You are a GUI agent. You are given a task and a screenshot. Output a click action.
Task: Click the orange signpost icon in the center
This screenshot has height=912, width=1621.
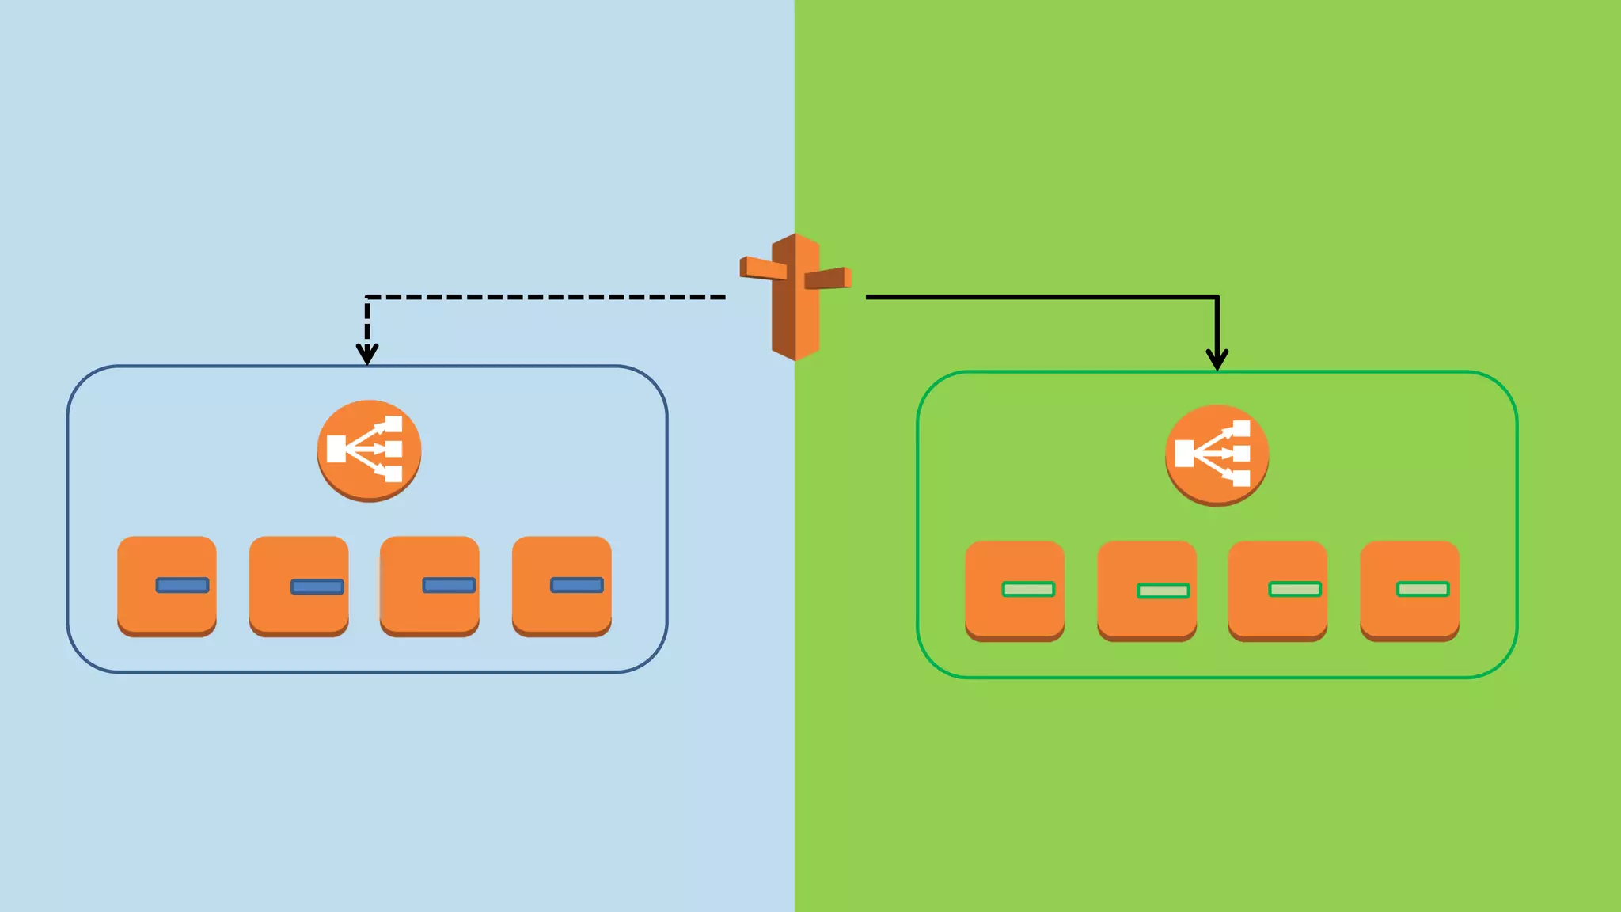795,298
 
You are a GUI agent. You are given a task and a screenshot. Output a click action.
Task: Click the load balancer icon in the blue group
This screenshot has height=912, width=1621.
369,450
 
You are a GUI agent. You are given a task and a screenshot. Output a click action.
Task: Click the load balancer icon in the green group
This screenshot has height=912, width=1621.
1217,454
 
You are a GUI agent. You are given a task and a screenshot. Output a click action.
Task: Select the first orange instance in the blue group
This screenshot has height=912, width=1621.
167,585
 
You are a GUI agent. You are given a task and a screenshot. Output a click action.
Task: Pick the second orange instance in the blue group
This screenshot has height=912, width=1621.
298,585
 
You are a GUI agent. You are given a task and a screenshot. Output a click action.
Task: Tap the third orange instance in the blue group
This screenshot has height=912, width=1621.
430,585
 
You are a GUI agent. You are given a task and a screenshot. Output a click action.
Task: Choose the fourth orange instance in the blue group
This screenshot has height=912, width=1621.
562,585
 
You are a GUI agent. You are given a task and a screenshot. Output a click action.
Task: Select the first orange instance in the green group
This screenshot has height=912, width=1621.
1015,590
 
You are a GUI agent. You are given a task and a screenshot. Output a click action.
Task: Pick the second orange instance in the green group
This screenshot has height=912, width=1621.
1147,590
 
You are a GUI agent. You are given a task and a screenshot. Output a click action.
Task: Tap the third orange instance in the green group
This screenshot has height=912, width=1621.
1277,590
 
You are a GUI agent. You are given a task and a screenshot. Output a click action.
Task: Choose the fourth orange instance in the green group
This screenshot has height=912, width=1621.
1410,590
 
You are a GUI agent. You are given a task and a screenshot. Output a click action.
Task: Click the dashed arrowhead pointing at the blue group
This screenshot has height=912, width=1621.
367,353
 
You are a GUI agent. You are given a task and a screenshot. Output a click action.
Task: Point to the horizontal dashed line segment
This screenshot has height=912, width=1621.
546,297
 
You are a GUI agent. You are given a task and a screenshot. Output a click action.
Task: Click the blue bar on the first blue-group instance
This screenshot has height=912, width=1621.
183,585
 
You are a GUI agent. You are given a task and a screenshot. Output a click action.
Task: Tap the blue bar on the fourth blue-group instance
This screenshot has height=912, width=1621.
577,585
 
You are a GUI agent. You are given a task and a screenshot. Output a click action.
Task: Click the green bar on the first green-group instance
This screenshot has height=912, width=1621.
1028,589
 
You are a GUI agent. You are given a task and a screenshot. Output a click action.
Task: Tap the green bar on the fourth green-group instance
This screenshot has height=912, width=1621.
1423,589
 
